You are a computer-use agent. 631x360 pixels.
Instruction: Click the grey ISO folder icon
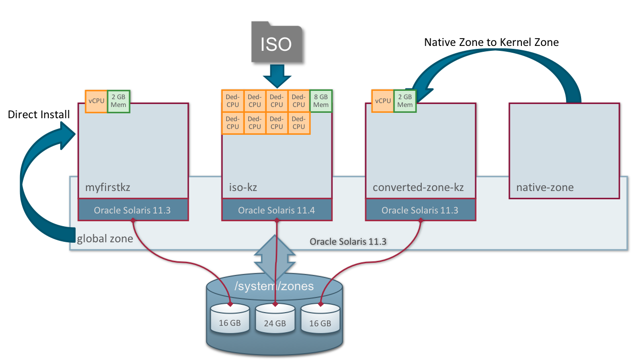pyautogui.click(x=276, y=42)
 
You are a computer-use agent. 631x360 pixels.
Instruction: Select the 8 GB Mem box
pyautogui.click(x=321, y=101)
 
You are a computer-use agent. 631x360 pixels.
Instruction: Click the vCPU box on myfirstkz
pyautogui.click(x=96, y=101)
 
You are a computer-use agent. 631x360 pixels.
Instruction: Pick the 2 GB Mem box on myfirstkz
pyautogui.click(x=118, y=101)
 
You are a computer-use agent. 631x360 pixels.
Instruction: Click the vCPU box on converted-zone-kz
pyautogui.click(x=383, y=101)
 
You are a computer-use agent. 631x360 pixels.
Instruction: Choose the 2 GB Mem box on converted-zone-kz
pyautogui.click(x=405, y=101)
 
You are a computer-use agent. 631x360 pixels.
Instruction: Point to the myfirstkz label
pyautogui.click(x=108, y=188)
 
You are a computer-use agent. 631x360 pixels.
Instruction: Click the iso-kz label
pyautogui.click(x=243, y=188)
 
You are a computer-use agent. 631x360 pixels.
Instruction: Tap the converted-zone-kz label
pyautogui.click(x=418, y=188)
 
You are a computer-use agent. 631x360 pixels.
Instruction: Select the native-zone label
pyautogui.click(x=544, y=188)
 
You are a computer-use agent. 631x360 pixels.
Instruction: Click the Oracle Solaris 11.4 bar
pyautogui.click(x=277, y=211)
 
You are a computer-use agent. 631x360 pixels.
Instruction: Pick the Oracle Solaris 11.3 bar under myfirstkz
pyautogui.click(x=133, y=211)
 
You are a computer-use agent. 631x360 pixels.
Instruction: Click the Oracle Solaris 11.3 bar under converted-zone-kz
pyautogui.click(x=420, y=211)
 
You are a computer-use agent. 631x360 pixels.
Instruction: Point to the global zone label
pyautogui.click(x=105, y=239)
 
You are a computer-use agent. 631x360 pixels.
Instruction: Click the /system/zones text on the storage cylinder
pyautogui.click(x=274, y=286)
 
